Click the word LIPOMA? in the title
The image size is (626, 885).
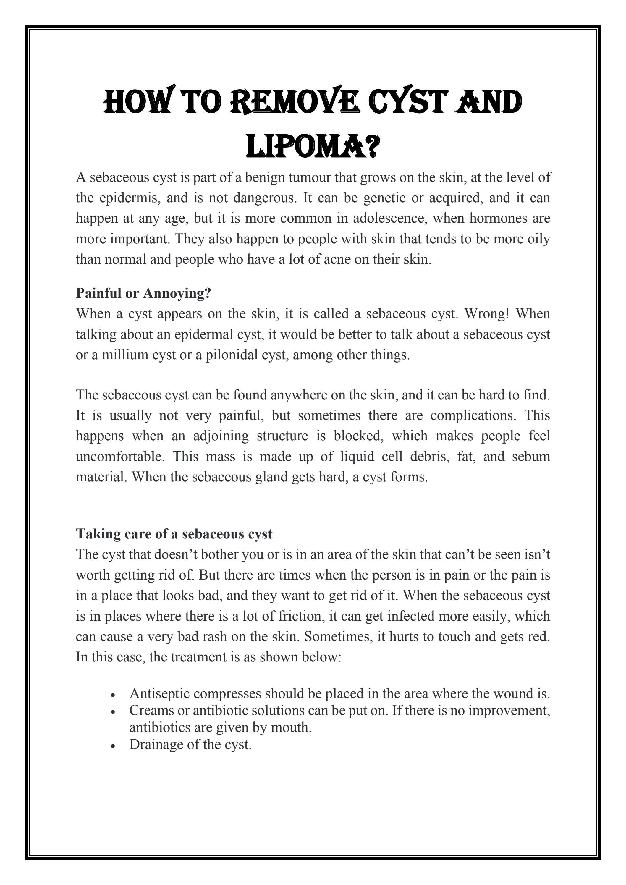coord(313,146)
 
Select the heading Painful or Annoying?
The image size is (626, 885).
coord(143,293)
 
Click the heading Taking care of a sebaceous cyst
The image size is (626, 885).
coord(174,534)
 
